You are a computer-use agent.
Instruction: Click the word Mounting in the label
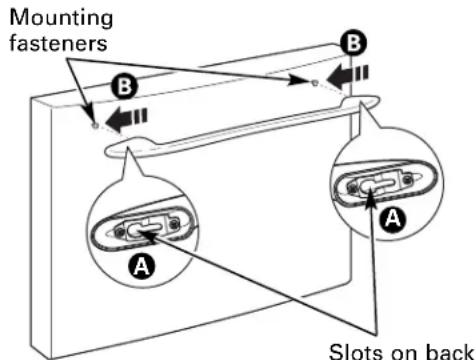[x=61, y=19]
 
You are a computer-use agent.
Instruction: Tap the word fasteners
[x=58, y=43]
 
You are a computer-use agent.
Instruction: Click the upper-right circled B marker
[x=354, y=44]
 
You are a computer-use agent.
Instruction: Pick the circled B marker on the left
[x=125, y=87]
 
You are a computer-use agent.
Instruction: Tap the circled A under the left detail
[x=142, y=266]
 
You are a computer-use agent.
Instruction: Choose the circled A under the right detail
[x=394, y=219]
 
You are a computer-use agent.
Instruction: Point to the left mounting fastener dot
[x=95, y=125]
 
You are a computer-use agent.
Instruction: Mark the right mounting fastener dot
[x=314, y=82]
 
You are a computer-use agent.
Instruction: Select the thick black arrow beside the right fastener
[x=347, y=77]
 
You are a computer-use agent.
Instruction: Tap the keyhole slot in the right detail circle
[x=378, y=184]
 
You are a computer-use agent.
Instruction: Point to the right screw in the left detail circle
[x=174, y=224]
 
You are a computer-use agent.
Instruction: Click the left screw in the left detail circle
[x=119, y=231]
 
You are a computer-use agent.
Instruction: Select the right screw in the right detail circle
[x=407, y=180]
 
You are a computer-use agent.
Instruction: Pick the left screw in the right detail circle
[x=352, y=187]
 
